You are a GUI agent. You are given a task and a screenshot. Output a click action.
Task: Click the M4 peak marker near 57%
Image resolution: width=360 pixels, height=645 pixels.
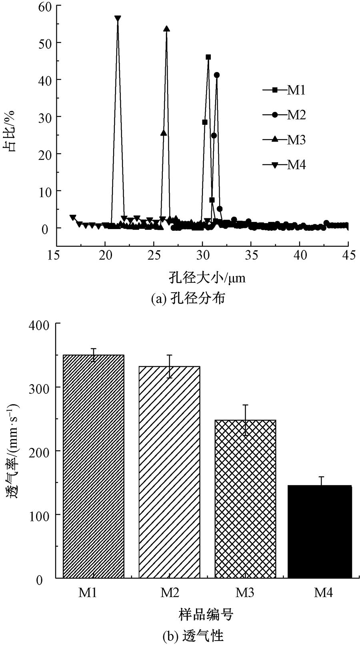pyautogui.click(x=117, y=19)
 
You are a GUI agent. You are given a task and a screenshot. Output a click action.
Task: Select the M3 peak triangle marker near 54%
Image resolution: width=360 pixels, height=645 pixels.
pyautogui.click(x=166, y=29)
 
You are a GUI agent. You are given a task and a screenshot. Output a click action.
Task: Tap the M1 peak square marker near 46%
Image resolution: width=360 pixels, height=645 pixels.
pyautogui.click(x=208, y=57)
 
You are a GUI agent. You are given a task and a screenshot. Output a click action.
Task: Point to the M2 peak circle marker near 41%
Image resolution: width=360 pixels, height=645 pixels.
pyautogui.click(x=217, y=75)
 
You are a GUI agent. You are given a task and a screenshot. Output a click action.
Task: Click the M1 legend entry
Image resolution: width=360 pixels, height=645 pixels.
pyautogui.click(x=284, y=90)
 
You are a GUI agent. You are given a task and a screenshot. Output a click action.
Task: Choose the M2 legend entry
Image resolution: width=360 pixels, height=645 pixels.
pyautogui.click(x=284, y=115)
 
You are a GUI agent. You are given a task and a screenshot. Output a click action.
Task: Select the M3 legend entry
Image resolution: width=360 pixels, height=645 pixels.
pyautogui.click(x=284, y=140)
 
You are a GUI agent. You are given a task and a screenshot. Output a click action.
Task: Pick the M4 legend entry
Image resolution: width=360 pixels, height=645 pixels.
pyautogui.click(x=284, y=165)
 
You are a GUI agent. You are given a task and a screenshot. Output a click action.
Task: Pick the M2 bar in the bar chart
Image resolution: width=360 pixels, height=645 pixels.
pyautogui.click(x=169, y=472)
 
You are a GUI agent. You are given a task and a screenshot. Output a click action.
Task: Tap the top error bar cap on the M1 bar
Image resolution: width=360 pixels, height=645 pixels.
pyautogui.click(x=94, y=349)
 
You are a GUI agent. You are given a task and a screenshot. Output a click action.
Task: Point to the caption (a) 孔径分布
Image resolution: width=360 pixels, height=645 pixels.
pyautogui.click(x=188, y=298)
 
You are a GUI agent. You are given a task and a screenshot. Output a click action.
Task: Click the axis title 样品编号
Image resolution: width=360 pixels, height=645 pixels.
pyautogui.click(x=206, y=613)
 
